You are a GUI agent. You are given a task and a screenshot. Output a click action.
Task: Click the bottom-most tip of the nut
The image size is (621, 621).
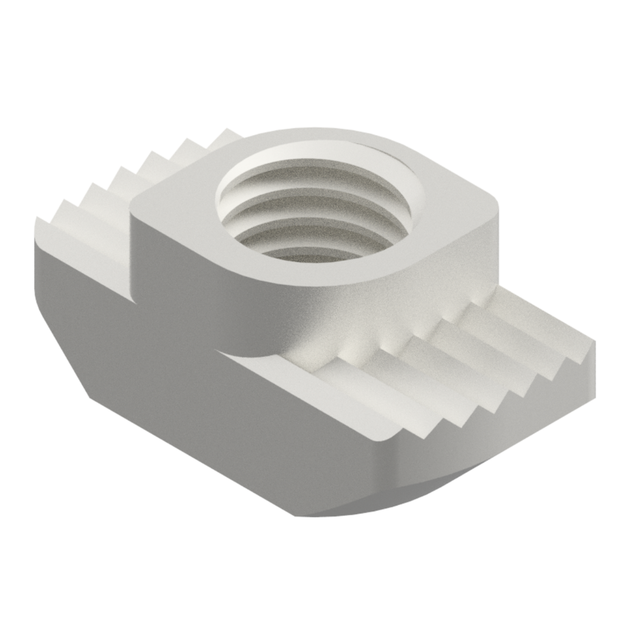point(297,515)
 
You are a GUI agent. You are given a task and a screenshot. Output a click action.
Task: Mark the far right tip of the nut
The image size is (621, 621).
point(594,364)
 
